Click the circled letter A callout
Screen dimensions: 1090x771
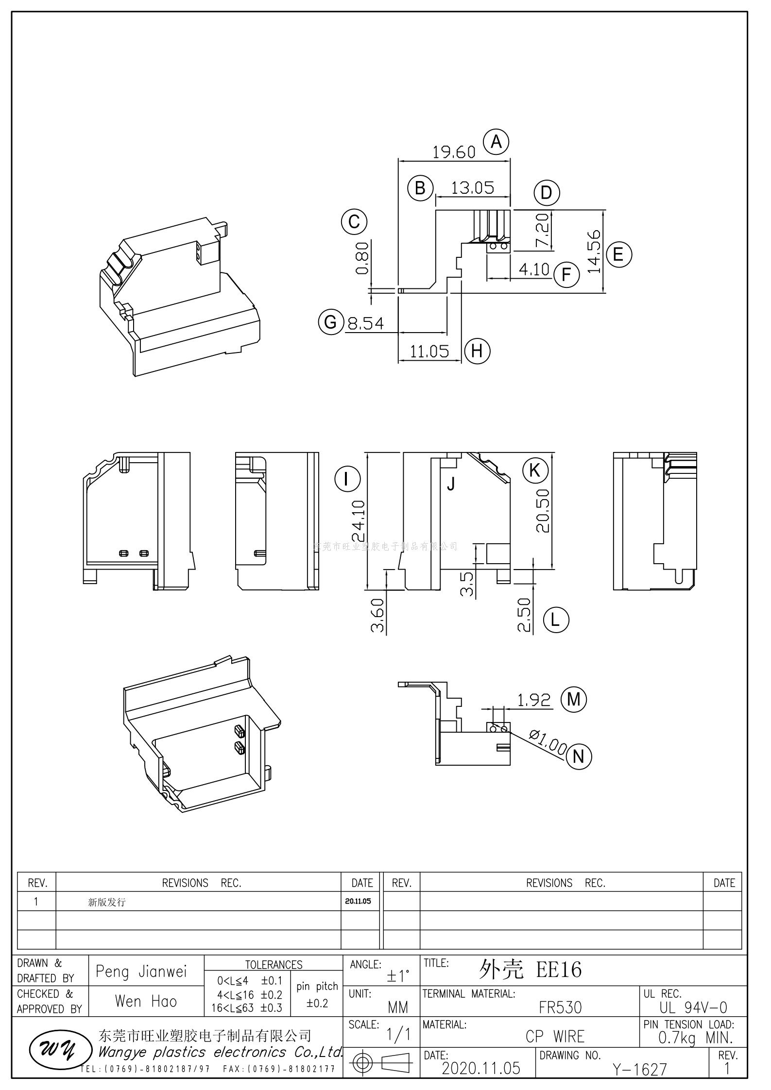(x=496, y=142)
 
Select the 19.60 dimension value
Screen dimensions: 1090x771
(x=454, y=152)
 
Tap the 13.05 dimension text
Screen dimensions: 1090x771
(x=472, y=188)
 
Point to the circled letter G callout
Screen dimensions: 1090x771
(x=331, y=322)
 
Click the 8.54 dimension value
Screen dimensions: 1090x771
(x=366, y=323)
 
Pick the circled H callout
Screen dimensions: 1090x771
(x=477, y=351)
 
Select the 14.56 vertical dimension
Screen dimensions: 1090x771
(x=594, y=251)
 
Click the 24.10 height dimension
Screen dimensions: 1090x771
(x=359, y=521)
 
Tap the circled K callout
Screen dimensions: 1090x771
(x=535, y=470)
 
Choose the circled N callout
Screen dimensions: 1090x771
(x=578, y=756)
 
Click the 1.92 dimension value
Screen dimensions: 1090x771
(x=533, y=700)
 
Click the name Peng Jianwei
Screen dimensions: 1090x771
(x=141, y=972)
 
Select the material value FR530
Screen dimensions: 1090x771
(x=560, y=1007)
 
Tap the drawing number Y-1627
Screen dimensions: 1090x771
(x=639, y=1069)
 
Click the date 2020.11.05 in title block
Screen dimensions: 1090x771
(x=481, y=1068)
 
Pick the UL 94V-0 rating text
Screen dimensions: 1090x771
(x=693, y=1007)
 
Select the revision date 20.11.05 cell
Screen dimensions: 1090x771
(x=358, y=901)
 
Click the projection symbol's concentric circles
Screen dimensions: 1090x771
(x=361, y=1063)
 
